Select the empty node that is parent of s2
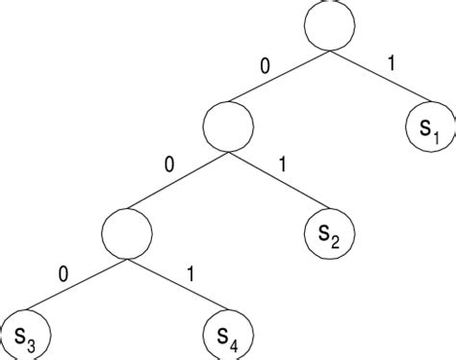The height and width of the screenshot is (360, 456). click(x=228, y=124)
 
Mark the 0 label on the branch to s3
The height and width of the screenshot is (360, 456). click(x=63, y=273)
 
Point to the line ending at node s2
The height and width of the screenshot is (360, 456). click(x=279, y=180)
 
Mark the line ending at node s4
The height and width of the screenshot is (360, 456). click(x=177, y=285)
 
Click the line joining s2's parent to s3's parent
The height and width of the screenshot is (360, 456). click(x=178, y=179)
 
